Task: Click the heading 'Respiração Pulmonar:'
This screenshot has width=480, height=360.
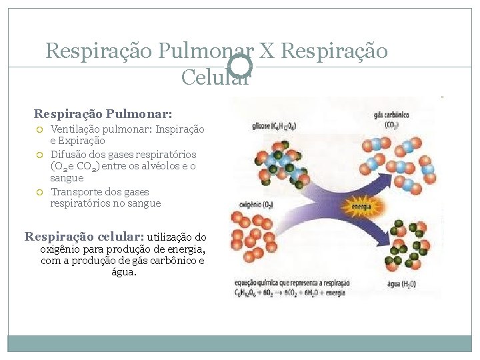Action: coord(103,114)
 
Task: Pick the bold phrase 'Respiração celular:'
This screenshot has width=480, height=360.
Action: coord(84,236)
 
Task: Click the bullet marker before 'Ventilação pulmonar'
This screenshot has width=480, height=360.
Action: coord(40,129)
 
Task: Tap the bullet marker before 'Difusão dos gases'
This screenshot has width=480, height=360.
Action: coord(40,155)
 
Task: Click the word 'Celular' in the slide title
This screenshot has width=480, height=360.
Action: coord(215,77)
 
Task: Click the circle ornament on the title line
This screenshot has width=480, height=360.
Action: coord(240,66)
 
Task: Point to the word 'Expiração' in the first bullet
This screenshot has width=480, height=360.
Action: coord(82,141)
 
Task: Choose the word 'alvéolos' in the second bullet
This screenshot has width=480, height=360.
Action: coord(160,166)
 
